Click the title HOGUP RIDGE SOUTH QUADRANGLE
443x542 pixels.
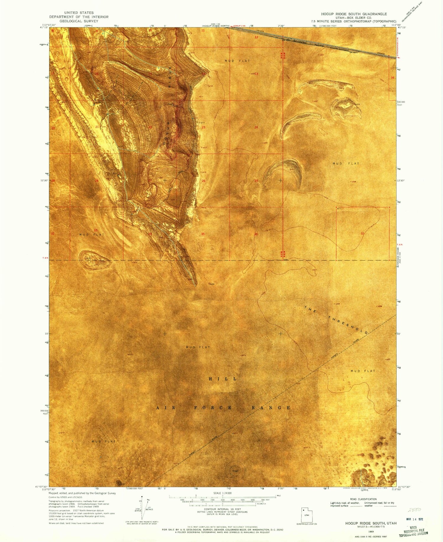[354, 14]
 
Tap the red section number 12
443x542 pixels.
[256, 37]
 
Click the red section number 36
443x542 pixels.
[256, 234]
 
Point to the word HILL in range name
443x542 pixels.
[223, 379]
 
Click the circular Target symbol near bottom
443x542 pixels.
[235, 471]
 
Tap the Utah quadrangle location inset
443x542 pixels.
[307, 514]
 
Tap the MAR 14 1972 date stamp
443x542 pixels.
[414, 519]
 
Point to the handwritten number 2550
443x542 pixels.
[415, 510]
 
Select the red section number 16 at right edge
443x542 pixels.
[392, 78]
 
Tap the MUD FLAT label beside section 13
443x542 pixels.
[237, 61]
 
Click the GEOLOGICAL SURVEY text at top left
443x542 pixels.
[79, 21]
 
